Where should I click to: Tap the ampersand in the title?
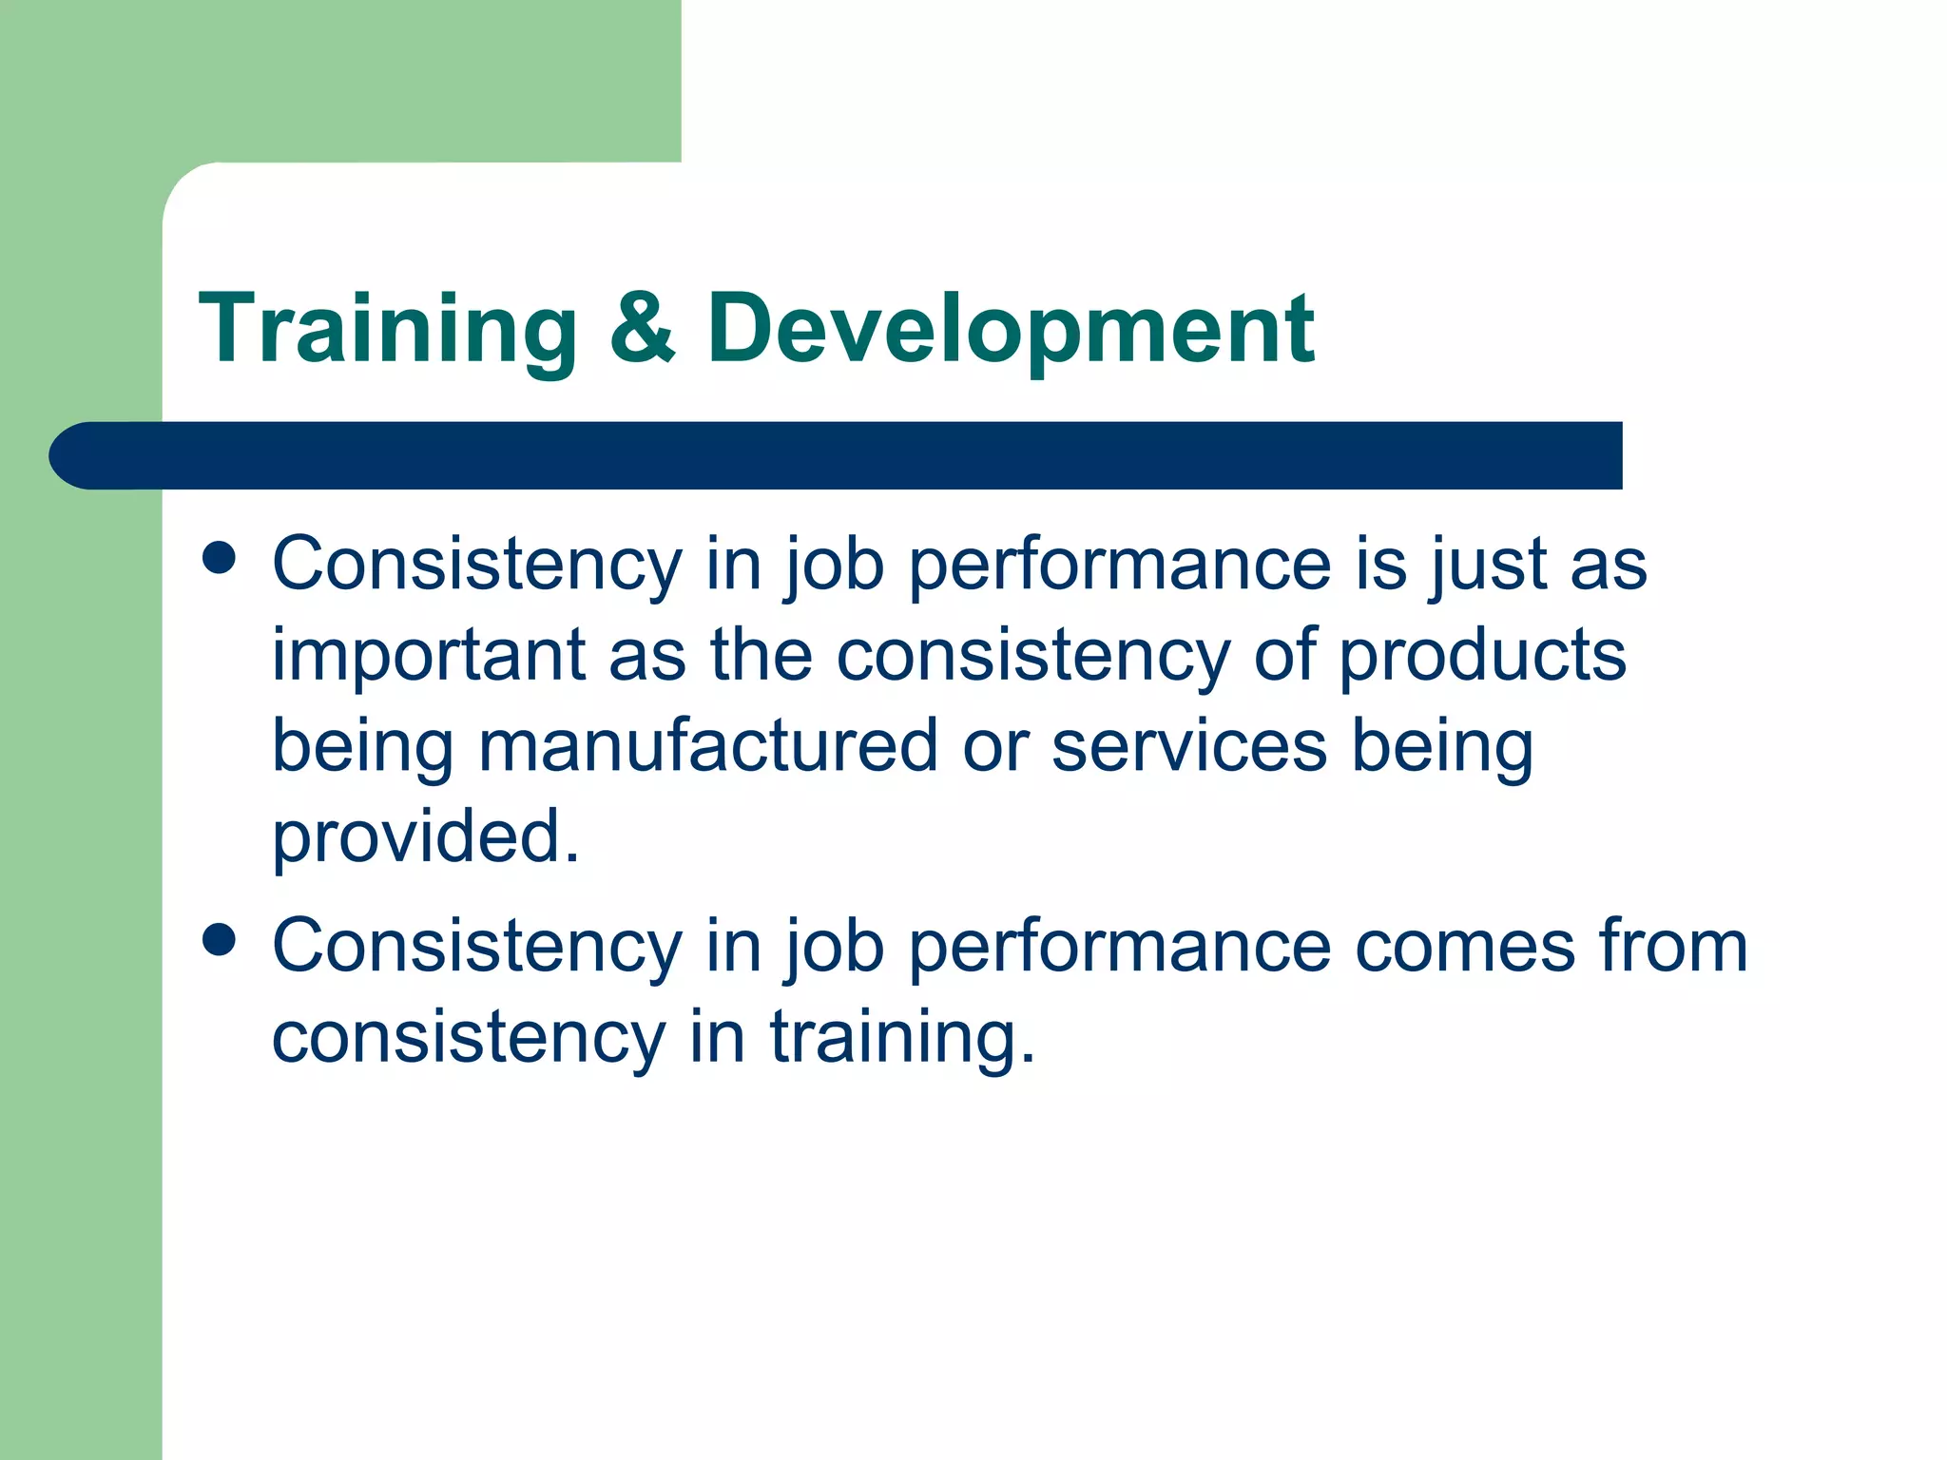(x=642, y=328)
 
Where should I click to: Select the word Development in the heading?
(x=1011, y=330)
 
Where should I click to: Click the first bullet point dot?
(x=220, y=558)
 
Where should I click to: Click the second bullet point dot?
(x=220, y=940)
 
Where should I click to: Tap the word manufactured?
(x=707, y=747)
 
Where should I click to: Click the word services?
(x=1189, y=747)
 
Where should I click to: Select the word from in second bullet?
(x=1673, y=947)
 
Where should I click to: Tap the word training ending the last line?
(x=901, y=1038)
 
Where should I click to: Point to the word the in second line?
(x=761, y=656)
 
